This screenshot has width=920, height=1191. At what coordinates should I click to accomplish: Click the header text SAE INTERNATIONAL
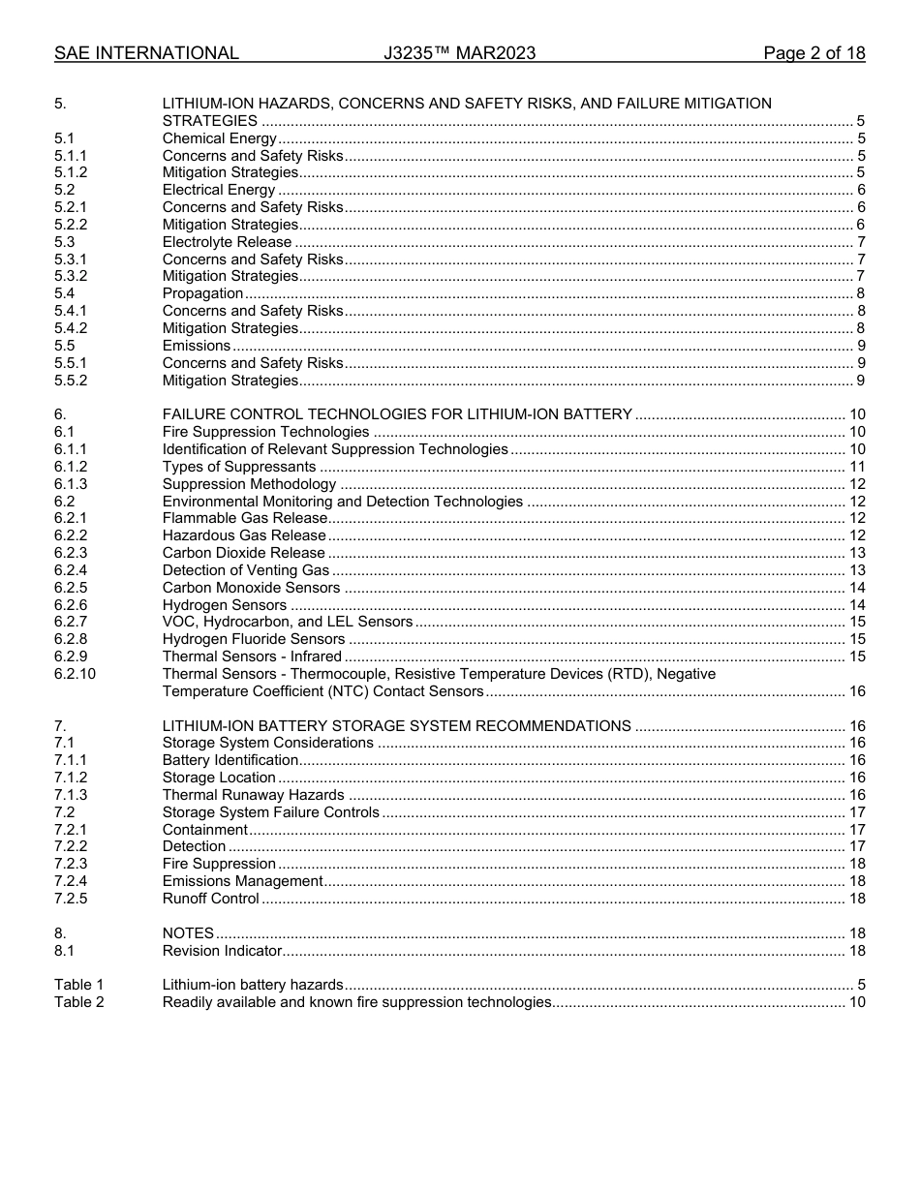[x=146, y=53]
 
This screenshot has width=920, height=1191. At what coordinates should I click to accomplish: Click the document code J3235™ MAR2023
[x=459, y=53]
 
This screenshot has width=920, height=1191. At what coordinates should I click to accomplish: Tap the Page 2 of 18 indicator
[x=813, y=53]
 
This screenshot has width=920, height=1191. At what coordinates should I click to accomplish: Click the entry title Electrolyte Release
[x=227, y=242]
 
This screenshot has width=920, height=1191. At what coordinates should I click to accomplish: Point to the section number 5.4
[x=65, y=293]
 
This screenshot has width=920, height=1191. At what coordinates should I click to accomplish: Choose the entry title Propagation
[x=202, y=293]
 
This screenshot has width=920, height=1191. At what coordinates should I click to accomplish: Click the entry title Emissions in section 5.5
[x=197, y=346]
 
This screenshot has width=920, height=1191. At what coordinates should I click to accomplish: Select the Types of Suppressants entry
[x=239, y=467]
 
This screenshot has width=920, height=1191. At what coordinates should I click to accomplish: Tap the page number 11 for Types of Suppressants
[x=856, y=467]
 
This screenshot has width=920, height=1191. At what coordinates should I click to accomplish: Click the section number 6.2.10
[x=76, y=674]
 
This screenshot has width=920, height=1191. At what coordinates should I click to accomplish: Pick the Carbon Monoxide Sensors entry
[x=251, y=588]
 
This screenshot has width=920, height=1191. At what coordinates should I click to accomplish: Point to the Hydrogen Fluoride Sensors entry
[x=254, y=639]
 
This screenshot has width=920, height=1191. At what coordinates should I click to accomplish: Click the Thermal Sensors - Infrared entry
[x=252, y=657]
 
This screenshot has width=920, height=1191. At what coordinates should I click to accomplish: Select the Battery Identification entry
[x=230, y=760]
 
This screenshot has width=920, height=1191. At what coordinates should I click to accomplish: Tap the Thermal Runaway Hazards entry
[x=253, y=795]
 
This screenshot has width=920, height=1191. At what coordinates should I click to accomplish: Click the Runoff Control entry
[x=210, y=899]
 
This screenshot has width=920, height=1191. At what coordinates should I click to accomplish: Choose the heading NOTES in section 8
[x=188, y=933]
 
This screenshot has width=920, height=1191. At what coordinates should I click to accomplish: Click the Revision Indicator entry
[x=222, y=951]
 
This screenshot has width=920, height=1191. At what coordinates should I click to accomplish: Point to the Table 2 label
[x=78, y=1002]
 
